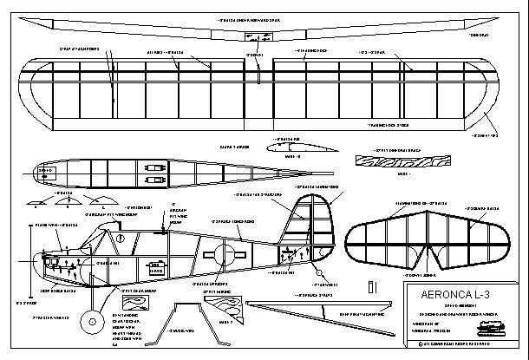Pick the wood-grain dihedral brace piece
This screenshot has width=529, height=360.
click(x=395, y=161)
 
